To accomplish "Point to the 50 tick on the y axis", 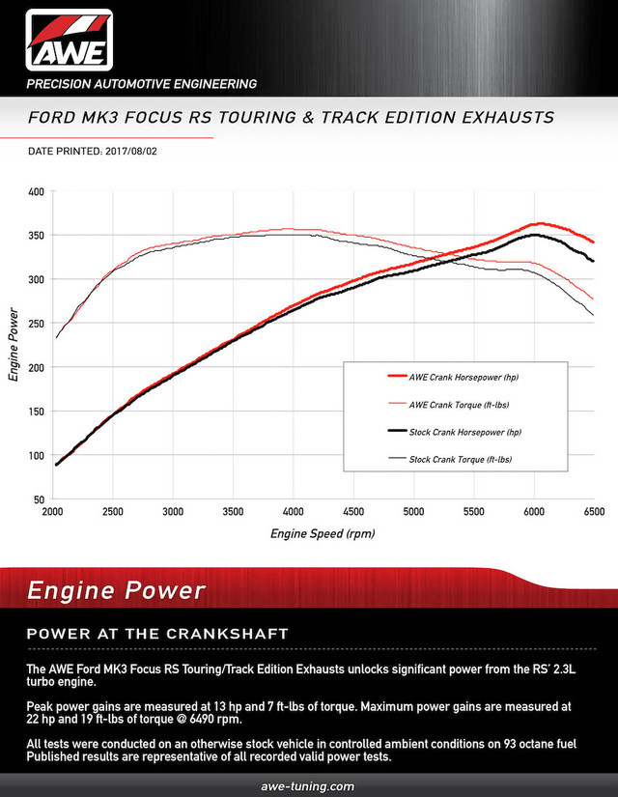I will pyautogui.click(x=38, y=499).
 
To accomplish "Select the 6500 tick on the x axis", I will pyautogui.click(x=593, y=511).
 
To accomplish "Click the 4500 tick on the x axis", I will pyautogui.click(x=353, y=511).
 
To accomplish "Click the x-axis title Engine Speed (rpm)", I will pyautogui.click(x=323, y=533).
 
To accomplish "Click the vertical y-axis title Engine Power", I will pyautogui.click(x=14, y=345).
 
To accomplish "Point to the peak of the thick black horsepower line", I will pyautogui.click(x=534, y=235).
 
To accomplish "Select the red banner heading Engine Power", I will pyautogui.click(x=115, y=590).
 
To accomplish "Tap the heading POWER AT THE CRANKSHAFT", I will pyautogui.click(x=144, y=635).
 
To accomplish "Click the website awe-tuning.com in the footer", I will pyautogui.click(x=309, y=786).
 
